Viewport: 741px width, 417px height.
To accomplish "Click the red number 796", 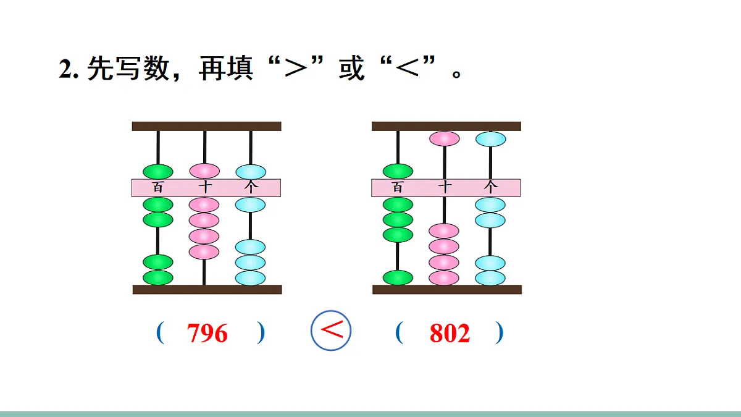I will point(207,334).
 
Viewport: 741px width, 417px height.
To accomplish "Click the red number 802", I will point(450,334).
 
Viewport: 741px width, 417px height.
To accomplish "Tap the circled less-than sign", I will point(331,330).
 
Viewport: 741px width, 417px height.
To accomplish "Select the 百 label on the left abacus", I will point(158,187).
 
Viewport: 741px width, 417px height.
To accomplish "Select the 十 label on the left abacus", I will point(204,187).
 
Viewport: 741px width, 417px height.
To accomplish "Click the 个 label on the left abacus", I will point(251,187).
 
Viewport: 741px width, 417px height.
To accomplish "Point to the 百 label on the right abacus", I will point(398,187).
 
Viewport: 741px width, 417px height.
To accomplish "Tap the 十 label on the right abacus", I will point(444,187).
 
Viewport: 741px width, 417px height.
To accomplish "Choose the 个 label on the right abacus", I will point(490,187).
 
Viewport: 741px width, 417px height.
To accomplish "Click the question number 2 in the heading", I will point(66,69).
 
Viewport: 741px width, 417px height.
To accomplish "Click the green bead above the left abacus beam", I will point(158,171).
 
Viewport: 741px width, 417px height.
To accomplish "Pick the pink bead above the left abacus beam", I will point(204,171).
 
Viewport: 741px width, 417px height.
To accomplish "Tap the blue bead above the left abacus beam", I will point(251,171).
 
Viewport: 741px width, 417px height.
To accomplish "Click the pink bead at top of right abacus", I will point(444,138).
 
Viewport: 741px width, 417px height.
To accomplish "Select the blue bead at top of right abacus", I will point(490,139).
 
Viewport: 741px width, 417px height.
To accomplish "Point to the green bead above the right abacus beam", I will point(398,171).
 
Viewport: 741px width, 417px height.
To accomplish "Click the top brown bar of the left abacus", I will point(206,126).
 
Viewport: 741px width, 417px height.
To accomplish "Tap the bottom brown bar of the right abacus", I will point(446,289).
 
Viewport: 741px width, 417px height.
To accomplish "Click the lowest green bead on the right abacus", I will point(398,277).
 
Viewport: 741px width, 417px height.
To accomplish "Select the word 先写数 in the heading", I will point(128,69).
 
